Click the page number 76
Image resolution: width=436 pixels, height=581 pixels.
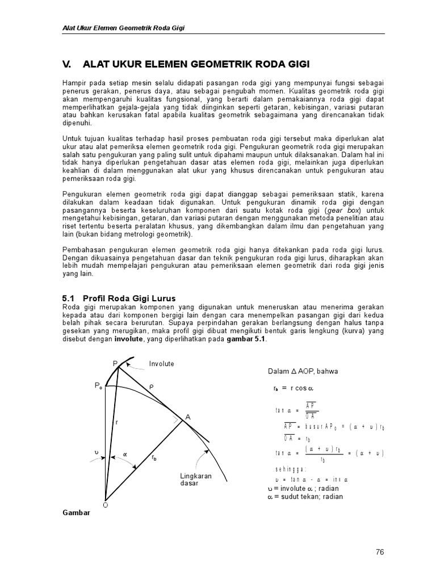(379, 551)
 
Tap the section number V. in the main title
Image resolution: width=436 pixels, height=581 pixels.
(67, 64)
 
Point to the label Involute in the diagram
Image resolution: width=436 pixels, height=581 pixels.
(162, 364)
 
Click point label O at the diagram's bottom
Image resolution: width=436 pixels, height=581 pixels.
(105, 504)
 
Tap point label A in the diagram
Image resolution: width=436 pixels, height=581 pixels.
(187, 417)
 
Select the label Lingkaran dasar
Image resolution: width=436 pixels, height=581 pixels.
(196, 479)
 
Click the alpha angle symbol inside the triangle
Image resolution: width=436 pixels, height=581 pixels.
(125, 454)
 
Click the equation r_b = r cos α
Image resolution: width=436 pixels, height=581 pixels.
(294, 389)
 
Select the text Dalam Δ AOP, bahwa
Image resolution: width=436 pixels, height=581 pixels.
(304, 372)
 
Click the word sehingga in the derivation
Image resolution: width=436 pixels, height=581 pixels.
(291, 469)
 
